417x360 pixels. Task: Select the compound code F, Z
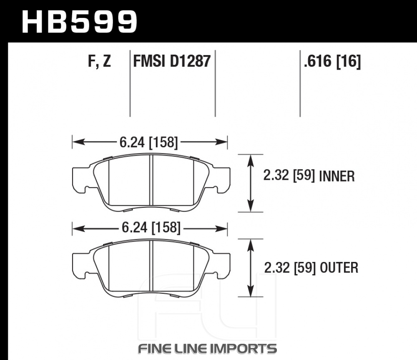click(99, 61)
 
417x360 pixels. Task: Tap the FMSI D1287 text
click(172, 61)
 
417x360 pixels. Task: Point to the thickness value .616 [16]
click(332, 61)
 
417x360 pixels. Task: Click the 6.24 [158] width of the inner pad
click(149, 142)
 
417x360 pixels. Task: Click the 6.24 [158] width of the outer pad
click(151, 228)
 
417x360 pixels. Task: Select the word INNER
click(337, 176)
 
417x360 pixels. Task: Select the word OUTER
click(339, 268)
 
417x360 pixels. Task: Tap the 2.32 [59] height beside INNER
click(289, 176)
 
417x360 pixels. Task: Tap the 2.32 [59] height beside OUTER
click(290, 267)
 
